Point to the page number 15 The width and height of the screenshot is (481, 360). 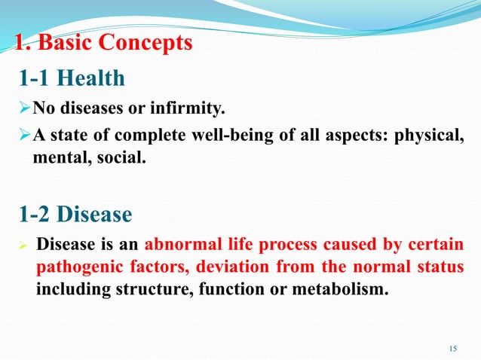coord(452,347)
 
